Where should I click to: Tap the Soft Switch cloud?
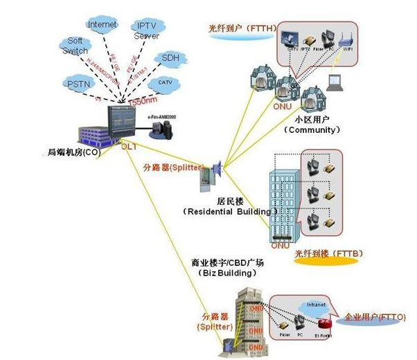pyautogui.click(x=75, y=46)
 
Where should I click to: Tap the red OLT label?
pyautogui.click(x=130, y=147)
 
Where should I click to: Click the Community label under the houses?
pyautogui.click(x=314, y=129)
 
